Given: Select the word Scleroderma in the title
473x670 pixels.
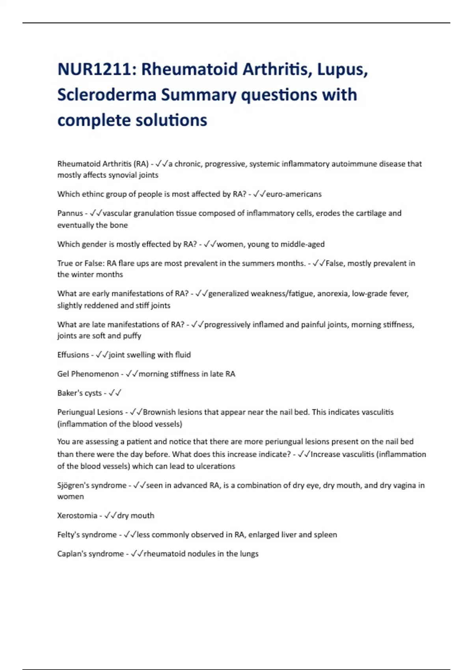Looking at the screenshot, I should [x=106, y=95].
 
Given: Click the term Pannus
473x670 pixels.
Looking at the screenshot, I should [x=70, y=213].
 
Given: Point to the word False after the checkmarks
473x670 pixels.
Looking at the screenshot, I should [x=335, y=263].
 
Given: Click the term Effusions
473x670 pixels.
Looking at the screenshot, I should [x=73, y=355].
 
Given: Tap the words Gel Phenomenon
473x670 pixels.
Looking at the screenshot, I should [x=88, y=374].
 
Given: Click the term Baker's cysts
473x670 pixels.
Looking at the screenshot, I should [x=79, y=393].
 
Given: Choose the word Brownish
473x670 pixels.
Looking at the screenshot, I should [x=159, y=412].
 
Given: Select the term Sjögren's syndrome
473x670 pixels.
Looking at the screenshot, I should [x=92, y=486].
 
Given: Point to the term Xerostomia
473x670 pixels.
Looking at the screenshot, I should [x=77, y=516].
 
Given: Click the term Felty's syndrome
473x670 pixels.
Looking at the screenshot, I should [x=87, y=535].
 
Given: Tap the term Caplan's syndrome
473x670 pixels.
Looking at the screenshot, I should [x=90, y=554].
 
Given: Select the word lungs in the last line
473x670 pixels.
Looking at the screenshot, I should [x=249, y=554].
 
